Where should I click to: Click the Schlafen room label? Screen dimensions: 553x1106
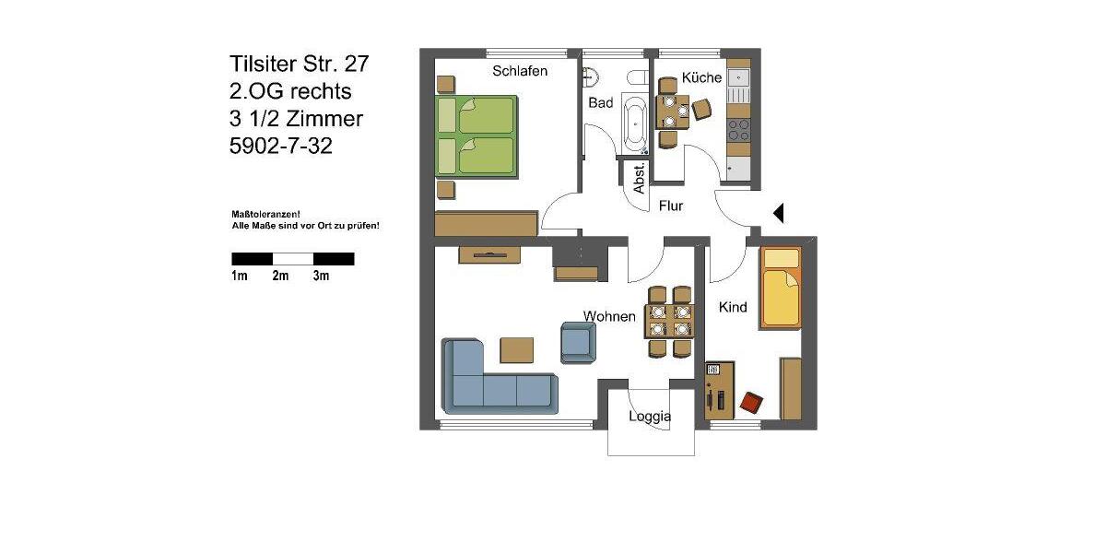[x=520, y=71]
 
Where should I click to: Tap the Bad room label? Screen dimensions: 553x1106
[x=600, y=103]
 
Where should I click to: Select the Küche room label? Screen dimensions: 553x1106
[x=701, y=77]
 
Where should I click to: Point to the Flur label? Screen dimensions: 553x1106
[x=670, y=206]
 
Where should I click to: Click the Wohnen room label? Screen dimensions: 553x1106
[x=609, y=316]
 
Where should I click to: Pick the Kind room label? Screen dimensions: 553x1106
[x=733, y=307]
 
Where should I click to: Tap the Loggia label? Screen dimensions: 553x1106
[x=650, y=417]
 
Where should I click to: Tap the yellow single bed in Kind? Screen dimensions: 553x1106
[x=780, y=288]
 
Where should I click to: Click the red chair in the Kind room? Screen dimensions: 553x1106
[x=752, y=402]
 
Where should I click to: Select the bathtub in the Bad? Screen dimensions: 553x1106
[x=634, y=123]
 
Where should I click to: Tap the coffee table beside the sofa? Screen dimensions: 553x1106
[x=516, y=350]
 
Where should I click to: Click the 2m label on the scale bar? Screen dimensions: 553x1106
[x=280, y=276]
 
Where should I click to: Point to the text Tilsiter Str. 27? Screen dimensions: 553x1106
[x=300, y=65]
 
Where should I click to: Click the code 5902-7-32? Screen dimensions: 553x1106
[x=280, y=146]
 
